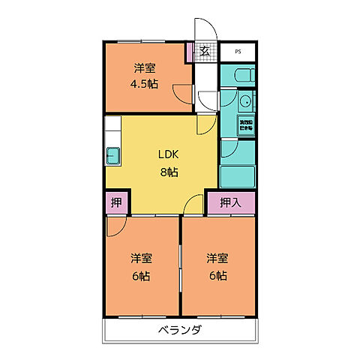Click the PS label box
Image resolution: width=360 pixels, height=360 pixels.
(238, 52)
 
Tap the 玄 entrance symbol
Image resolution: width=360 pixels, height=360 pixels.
(204, 52)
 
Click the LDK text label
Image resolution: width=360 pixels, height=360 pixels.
(167, 155)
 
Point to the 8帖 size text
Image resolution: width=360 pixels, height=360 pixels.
(167, 172)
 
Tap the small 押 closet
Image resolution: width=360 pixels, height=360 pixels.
(116, 202)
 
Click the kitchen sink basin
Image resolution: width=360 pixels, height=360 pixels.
(112, 156)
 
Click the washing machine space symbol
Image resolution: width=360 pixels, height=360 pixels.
(246, 125)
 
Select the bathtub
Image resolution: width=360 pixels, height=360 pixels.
(237, 173)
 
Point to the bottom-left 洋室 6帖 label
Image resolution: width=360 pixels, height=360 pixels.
(142, 266)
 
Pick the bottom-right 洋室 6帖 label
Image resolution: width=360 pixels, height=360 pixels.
(217, 266)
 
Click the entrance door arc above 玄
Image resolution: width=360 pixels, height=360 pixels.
(204, 30)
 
